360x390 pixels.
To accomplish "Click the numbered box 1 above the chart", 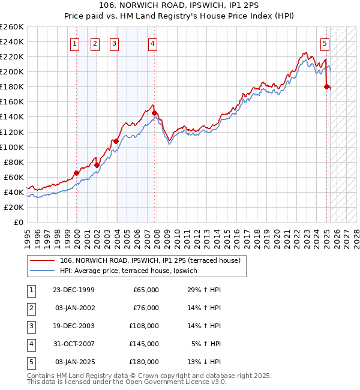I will click(x=74, y=43).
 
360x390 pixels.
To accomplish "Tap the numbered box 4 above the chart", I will click(x=153, y=43).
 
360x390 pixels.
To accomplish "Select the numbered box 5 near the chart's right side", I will click(x=325, y=43).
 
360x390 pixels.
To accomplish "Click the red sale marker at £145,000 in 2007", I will click(x=155, y=113).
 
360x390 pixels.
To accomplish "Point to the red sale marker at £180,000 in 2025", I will click(x=327, y=86).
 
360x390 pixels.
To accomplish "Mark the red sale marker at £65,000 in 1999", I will click(x=77, y=173).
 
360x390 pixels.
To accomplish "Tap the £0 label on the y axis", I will click(x=18, y=222).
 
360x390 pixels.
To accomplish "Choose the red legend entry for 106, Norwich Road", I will click(x=150, y=260).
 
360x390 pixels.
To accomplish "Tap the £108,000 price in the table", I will click(x=144, y=326).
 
